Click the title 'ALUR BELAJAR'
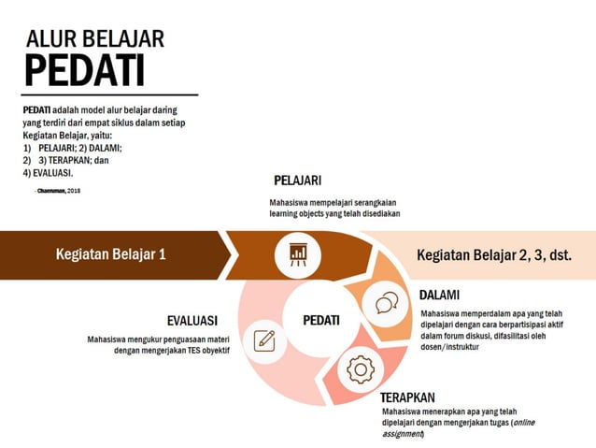[x=95, y=38]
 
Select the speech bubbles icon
[x=387, y=303]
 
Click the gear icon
[x=360, y=370]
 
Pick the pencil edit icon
[x=264, y=340]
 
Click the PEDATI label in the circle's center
[x=321, y=320]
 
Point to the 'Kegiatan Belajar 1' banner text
[x=110, y=253]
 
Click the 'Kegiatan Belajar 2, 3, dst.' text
[x=494, y=254]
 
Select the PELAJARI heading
[x=297, y=181]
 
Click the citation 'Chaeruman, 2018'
[x=57, y=190]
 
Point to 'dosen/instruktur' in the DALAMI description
[x=452, y=347]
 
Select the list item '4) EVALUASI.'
[x=48, y=172]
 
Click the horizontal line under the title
[x=110, y=94]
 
